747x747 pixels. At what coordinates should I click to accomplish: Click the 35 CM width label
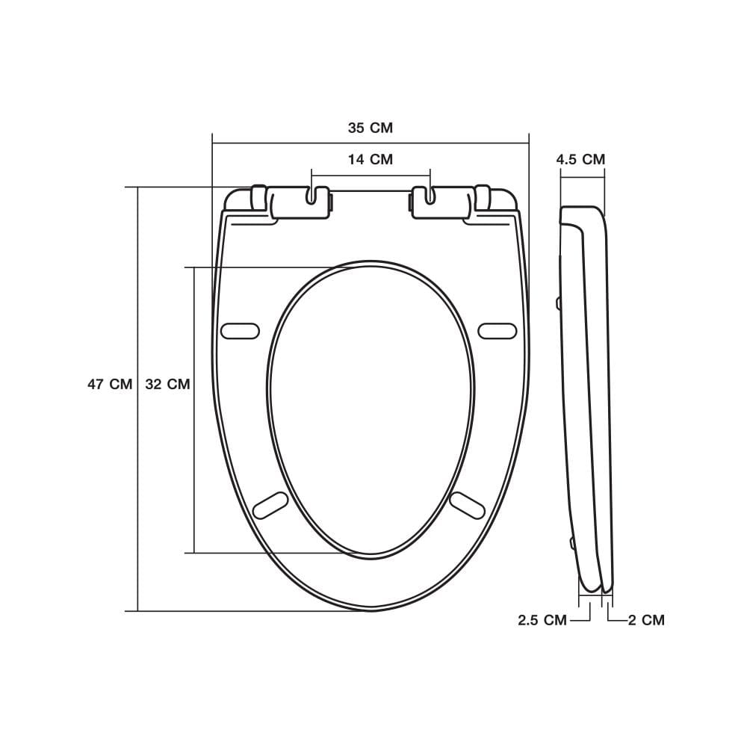(371, 128)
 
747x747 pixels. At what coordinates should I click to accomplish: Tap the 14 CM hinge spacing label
(371, 159)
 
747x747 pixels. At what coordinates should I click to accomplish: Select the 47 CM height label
(110, 384)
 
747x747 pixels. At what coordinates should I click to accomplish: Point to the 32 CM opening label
(167, 384)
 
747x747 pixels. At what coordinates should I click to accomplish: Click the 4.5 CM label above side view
(580, 159)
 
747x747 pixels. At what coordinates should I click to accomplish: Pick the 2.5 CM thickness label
(542, 620)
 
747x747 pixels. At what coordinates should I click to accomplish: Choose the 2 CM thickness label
(646, 620)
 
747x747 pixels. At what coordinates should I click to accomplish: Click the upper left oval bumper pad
(241, 331)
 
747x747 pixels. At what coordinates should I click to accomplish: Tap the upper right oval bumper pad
(498, 331)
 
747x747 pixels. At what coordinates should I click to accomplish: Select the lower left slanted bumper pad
(270, 506)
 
